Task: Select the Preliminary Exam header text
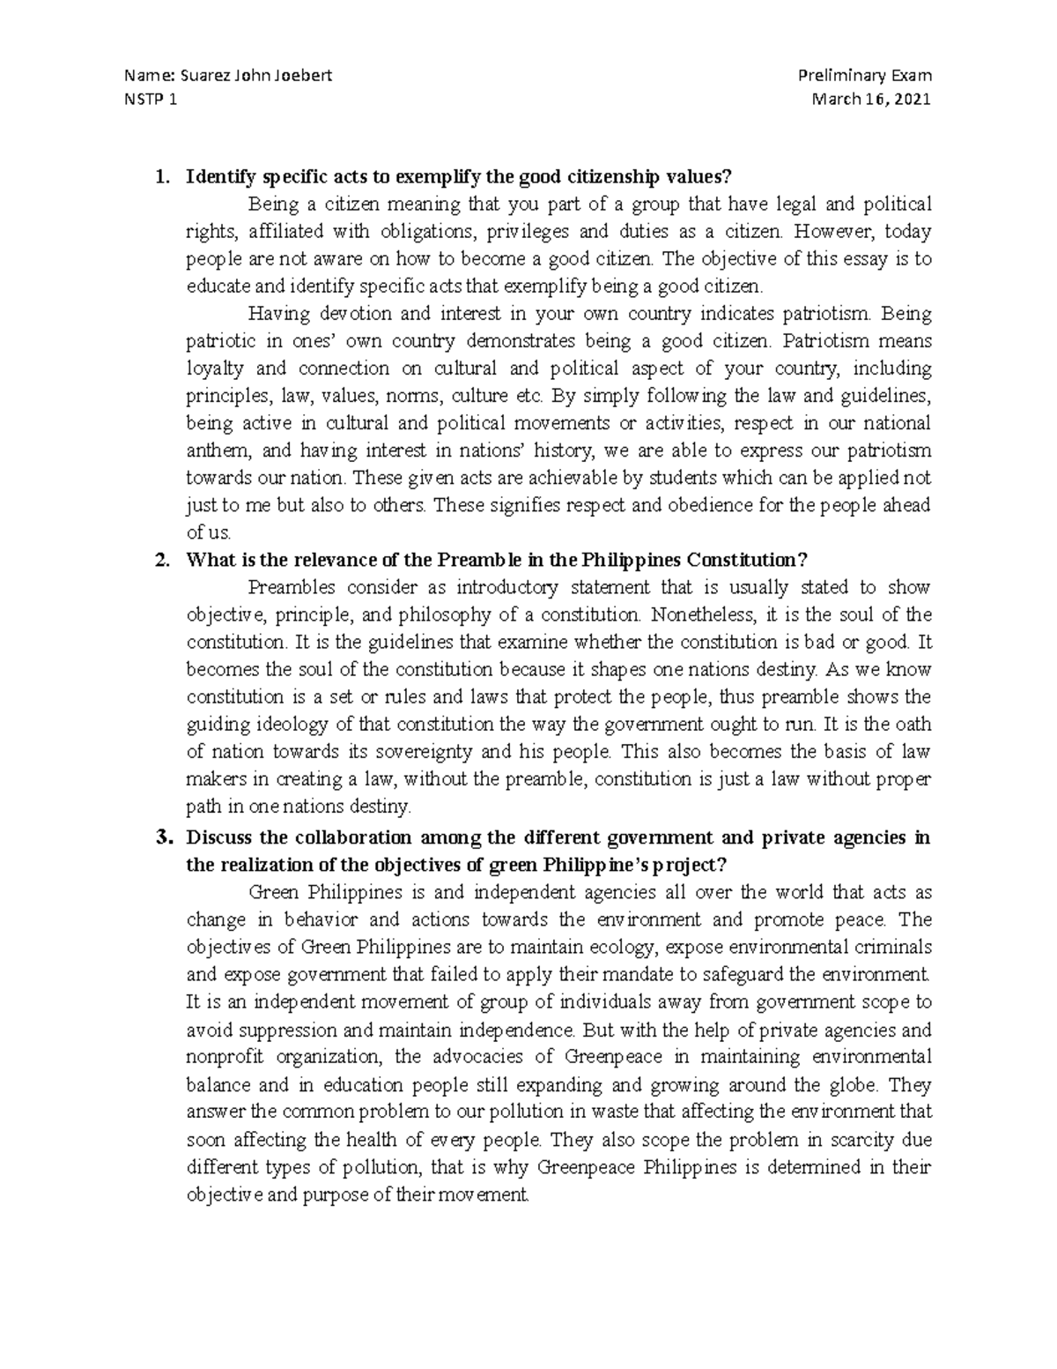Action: coord(864,76)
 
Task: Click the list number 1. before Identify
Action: coord(160,177)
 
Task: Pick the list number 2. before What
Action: coord(160,560)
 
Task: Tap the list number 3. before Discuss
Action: coord(160,837)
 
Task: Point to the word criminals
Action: coord(894,948)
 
